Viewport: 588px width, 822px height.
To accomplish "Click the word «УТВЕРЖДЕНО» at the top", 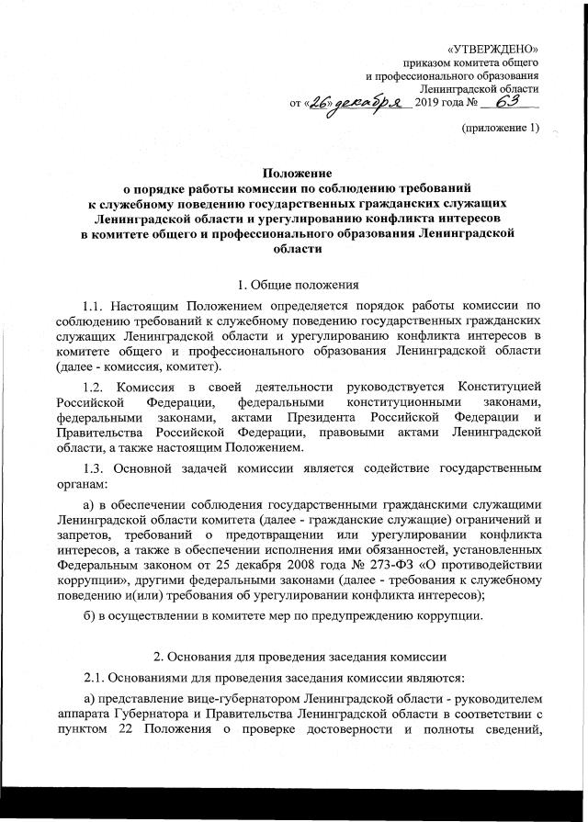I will [x=492, y=47].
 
